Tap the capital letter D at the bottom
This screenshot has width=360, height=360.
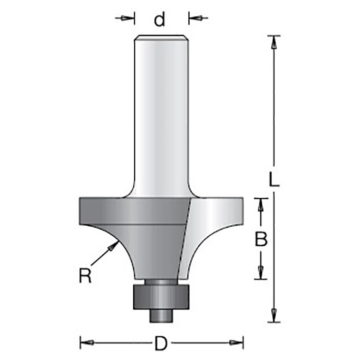[161, 343]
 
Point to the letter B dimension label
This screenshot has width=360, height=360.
[261, 239]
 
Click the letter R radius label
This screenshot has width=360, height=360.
[85, 275]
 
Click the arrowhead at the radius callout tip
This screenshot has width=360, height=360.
[112, 247]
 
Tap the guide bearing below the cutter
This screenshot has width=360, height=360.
[161, 297]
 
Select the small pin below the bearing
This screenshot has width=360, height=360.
[161, 316]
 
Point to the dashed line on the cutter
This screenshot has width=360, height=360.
[185, 239]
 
